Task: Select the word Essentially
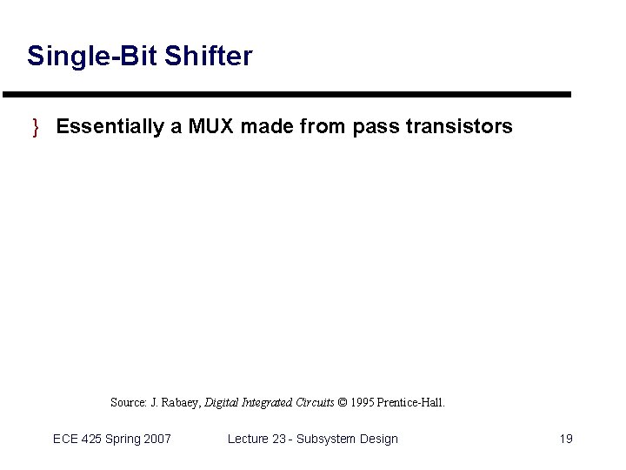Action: (110, 127)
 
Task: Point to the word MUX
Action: (210, 127)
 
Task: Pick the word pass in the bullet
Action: (374, 127)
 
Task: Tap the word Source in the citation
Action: (128, 402)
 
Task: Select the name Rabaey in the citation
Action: (182, 402)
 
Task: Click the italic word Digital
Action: (223, 402)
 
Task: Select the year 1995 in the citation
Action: (363, 402)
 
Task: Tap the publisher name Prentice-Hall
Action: (411, 402)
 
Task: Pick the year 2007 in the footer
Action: (156, 439)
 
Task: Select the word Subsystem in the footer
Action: (326, 439)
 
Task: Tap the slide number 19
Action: (565, 439)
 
